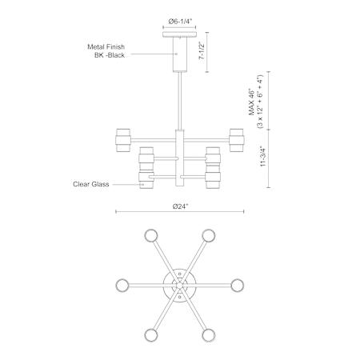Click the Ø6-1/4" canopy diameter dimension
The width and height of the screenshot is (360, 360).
[x=180, y=22]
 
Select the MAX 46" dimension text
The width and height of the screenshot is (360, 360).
[x=252, y=102]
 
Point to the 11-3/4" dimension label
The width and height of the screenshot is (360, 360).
[x=263, y=156]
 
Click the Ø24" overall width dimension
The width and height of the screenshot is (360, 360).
[x=180, y=206]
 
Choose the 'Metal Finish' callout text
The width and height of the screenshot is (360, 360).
[x=106, y=47]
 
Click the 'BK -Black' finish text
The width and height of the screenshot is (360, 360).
[x=110, y=55]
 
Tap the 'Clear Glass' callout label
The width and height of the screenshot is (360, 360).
[x=91, y=184]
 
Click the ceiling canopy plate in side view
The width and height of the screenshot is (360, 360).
[x=180, y=34]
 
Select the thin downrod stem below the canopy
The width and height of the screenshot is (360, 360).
[x=180, y=101]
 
